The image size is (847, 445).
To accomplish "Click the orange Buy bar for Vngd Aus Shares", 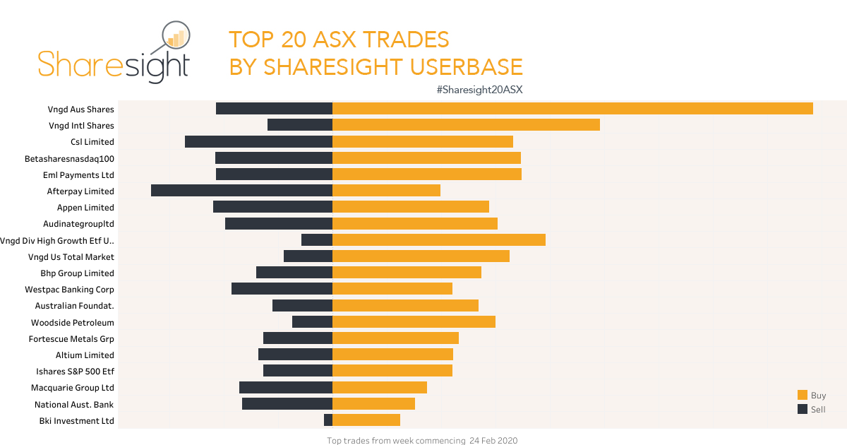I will click(572, 109).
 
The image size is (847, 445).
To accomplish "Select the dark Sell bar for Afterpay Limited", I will click(241, 191).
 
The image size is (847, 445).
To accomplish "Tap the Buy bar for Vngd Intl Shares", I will click(466, 125).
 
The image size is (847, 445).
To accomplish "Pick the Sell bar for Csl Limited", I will click(258, 141).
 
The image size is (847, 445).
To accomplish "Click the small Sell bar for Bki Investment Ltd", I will click(328, 420).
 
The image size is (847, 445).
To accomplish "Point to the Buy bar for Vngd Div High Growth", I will click(438, 240).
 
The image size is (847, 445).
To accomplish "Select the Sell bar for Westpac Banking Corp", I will click(282, 289).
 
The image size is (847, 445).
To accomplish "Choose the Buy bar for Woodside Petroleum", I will click(414, 322).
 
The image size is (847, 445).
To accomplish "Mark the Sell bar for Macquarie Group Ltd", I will click(286, 387).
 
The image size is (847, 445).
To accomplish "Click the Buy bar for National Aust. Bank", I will click(373, 404).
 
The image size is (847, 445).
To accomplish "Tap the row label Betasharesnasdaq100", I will click(69, 158).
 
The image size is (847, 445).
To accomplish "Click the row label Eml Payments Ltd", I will click(78, 174).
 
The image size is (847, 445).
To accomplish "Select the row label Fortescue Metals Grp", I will click(71, 338).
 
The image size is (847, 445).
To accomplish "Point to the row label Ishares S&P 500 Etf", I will click(75, 371).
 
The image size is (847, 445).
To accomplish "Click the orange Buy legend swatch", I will click(803, 396).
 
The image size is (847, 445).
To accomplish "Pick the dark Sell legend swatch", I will click(803, 410).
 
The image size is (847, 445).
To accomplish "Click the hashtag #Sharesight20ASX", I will click(479, 90).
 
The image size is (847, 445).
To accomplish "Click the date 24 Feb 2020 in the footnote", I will click(493, 441).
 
